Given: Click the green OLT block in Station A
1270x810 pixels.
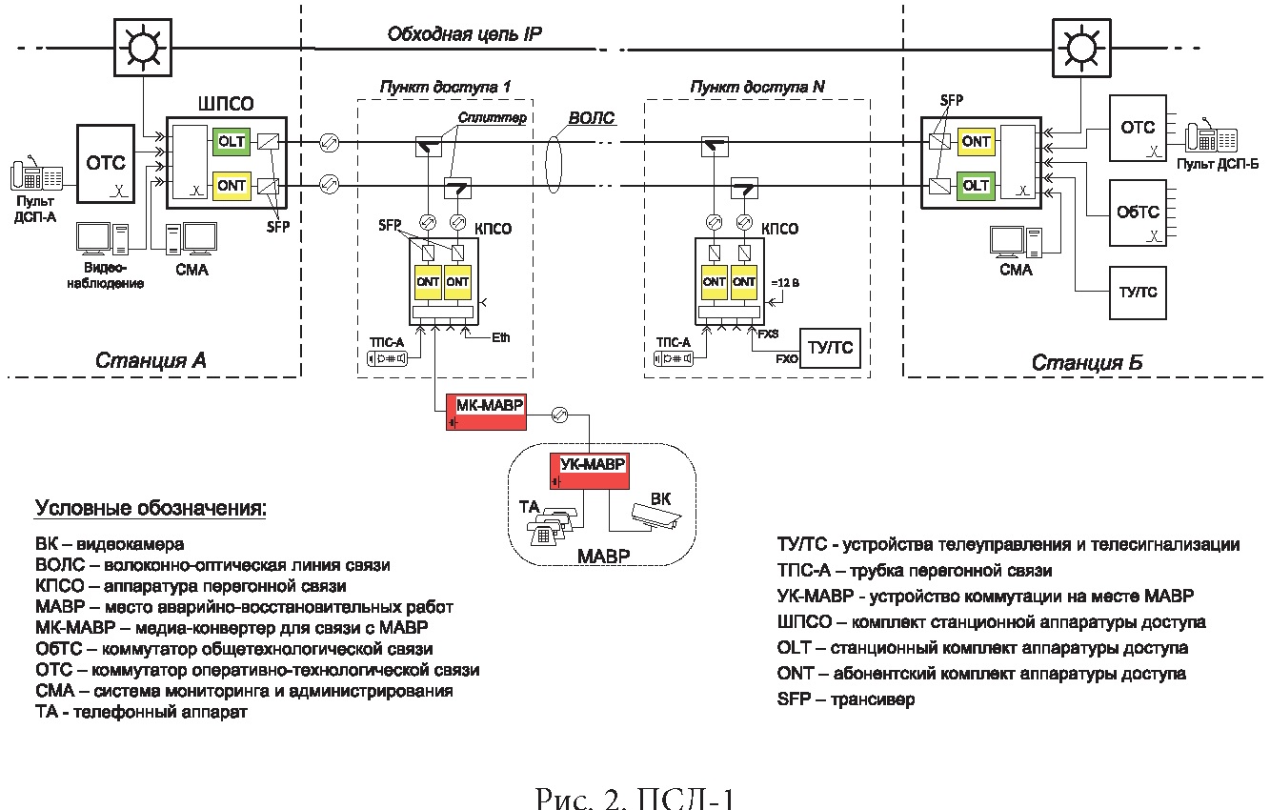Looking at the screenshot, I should (x=231, y=142).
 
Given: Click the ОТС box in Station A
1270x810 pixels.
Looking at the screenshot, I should (x=106, y=162).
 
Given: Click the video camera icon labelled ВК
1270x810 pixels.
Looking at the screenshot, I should (x=652, y=515).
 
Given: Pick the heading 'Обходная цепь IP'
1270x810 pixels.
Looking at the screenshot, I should (x=464, y=34).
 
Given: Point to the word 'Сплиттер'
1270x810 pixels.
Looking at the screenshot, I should (x=496, y=117).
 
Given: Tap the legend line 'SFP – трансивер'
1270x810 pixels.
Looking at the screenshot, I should (x=846, y=699).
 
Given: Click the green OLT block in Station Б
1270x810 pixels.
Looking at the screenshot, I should (x=976, y=185).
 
